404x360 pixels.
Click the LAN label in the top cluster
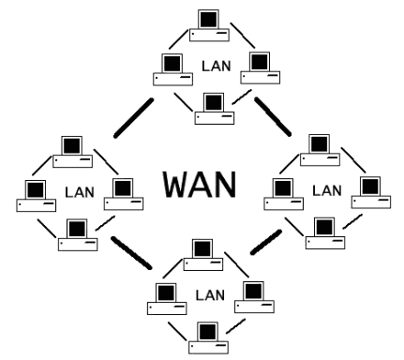(x=212, y=67)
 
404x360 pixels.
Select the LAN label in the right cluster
(x=326, y=190)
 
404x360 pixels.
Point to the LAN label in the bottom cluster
(x=211, y=294)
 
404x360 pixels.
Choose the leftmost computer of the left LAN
(x=35, y=194)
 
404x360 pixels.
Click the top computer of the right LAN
(x=318, y=151)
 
